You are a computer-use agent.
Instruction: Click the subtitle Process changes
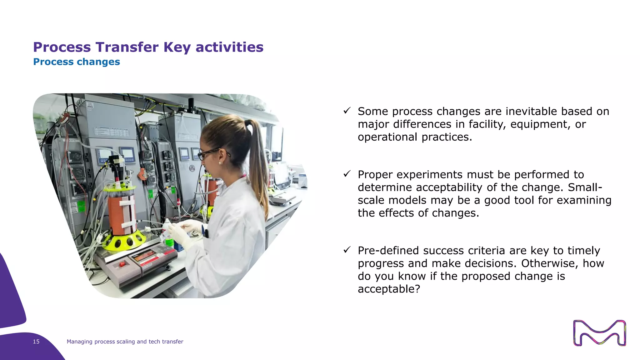coord(77,62)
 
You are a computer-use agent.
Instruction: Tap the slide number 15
coord(36,342)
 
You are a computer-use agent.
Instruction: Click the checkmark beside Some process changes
coord(347,111)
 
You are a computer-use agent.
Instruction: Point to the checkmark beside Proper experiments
coord(347,174)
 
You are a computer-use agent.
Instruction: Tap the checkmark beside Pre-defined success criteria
coord(347,250)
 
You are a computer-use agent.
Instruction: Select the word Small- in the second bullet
coord(585,187)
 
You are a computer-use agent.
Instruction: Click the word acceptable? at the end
coord(389,289)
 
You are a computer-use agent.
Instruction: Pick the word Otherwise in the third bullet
coord(550,263)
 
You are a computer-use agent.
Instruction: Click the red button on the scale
coord(122,264)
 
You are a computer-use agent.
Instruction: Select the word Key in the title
coord(177,47)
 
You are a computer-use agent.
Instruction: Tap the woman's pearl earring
coord(220,163)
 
